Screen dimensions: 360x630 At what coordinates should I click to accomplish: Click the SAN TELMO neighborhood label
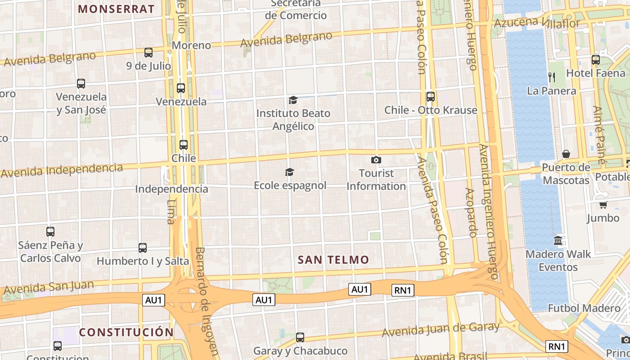pos(333,260)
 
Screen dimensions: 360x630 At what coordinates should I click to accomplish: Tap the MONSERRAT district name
pos(116,9)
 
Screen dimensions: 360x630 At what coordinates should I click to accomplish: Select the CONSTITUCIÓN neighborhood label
pos(126,333)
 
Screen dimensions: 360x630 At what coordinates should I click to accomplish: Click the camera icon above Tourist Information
pos(376,160)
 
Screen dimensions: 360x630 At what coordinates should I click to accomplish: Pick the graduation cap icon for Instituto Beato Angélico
pos(293,100)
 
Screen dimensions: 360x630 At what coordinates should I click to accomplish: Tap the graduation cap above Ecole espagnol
pos(290,172)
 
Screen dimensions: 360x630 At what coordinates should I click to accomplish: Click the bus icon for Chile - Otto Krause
pos(431,96)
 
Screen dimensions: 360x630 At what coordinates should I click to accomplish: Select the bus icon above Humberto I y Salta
pos(143,247)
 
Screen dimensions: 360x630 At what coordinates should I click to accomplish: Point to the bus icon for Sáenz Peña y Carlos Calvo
pos(50,232)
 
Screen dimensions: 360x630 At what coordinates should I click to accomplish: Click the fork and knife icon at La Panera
pos(552,77)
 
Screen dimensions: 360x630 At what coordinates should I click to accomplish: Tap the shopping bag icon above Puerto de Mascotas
pos(566,154)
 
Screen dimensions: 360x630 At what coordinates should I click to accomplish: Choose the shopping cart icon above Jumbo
pos(603,205)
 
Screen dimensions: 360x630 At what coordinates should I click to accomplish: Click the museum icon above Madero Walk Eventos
pos(558,240)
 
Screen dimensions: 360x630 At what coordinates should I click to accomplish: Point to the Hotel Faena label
pos(596,73)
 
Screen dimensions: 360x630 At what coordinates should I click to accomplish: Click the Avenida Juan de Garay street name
pos(441,329)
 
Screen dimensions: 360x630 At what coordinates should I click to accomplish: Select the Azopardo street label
pos(471,212)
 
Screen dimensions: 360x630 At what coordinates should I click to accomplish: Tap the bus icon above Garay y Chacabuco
pos(300,337)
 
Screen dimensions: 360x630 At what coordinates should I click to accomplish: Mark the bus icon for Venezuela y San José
pos(81,83)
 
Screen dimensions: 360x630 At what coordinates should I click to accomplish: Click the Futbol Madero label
pos(584,308)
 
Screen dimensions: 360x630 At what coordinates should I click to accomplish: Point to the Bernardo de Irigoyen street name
pos(206,301)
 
